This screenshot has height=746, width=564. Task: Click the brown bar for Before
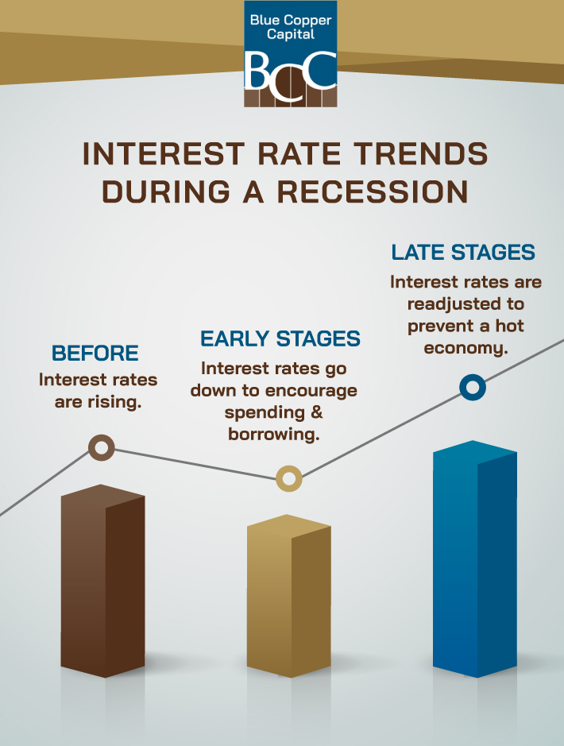[x=102, y=581]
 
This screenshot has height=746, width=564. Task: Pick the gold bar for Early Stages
[x=288, y=596]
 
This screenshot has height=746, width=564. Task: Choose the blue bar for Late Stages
[x=474, y=559]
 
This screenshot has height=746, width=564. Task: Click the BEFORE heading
[x=95, y=354]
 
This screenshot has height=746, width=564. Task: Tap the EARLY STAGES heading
[x=280, y=338]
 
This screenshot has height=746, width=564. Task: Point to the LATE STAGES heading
[x=463, y=253]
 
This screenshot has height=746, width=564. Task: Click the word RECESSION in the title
[x=373, y=192]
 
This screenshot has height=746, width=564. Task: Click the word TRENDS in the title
[x=421, y=154]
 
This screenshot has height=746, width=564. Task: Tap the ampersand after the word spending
[x=316, y=412]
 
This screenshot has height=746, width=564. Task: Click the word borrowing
[x=274, y=434]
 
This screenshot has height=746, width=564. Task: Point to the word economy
[x=465, y=348]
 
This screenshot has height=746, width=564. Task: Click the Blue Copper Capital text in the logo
[x=291, y=27]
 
